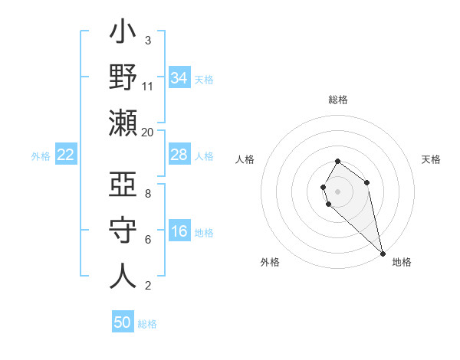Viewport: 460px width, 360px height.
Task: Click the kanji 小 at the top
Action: click(123, 34)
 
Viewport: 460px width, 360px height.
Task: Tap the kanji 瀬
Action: click(123, 123)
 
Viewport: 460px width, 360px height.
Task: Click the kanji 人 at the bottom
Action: click(123, 276)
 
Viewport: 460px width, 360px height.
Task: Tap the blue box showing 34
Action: click(179, 78)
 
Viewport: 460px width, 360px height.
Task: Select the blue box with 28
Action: click(179, 155)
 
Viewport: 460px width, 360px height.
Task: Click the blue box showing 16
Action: click(179, 232)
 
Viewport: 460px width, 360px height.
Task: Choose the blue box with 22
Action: click(66, 155)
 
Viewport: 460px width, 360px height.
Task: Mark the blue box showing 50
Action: click(123, 322)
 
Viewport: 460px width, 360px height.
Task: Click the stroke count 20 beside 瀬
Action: click(148, 132)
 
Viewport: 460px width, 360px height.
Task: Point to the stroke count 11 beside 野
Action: click(148, 86)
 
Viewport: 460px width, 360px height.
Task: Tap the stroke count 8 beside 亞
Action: click(148, 193)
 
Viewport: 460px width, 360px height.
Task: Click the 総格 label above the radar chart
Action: click(338, 100)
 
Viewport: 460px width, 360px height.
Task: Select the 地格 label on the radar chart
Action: click(402, 262)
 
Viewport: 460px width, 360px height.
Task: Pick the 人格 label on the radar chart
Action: click(245, 159)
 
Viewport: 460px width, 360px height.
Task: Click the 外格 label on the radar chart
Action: click(270, 262)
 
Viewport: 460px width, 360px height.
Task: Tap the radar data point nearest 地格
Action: click(383, 254)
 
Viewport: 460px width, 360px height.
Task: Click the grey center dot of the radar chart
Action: click(337, 190)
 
